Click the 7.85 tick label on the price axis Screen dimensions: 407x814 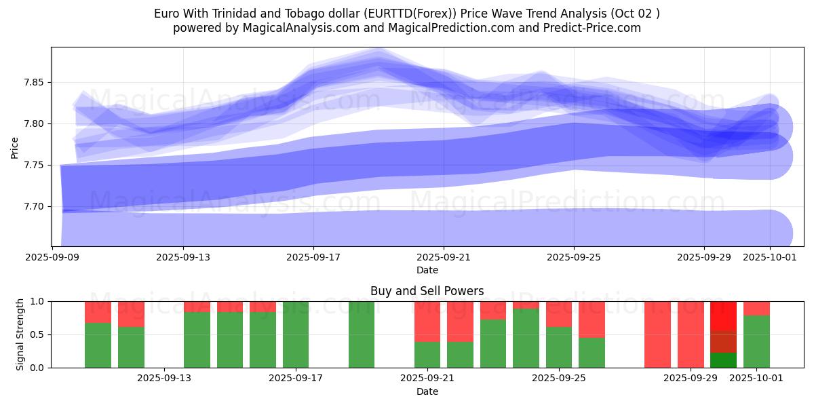click(33, 83)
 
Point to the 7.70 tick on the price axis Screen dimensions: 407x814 click(33, 206)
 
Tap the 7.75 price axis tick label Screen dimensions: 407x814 click(33, 165)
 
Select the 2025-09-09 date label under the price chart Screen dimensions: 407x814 click(53, 257)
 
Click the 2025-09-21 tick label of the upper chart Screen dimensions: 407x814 click(444, 257)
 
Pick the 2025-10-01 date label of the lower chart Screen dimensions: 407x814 click(756, 379)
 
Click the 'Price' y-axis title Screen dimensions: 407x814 click(14, 147)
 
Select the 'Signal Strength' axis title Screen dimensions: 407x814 click(20, 334)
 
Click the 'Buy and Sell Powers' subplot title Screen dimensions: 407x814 click(427, 291)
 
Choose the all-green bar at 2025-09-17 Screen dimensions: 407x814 click(296, 334)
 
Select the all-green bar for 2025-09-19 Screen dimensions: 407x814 click(362, 334)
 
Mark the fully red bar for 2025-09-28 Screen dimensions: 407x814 click(657, 334)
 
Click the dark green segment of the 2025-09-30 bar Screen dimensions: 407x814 click(723, 360)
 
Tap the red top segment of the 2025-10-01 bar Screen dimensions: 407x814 click(756, 308)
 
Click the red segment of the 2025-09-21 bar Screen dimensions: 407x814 click(427, 322)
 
